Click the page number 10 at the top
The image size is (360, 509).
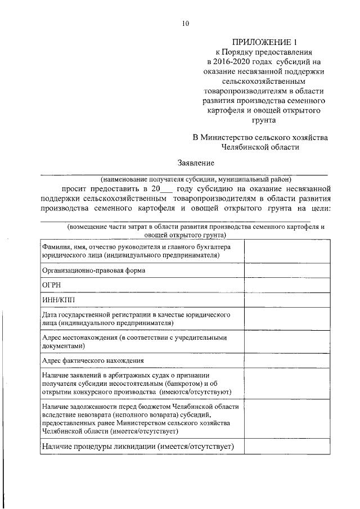185,23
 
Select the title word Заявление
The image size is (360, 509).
196,163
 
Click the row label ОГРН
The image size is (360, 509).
51,286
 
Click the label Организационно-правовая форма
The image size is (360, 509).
93,270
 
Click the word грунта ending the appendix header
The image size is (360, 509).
264,120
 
